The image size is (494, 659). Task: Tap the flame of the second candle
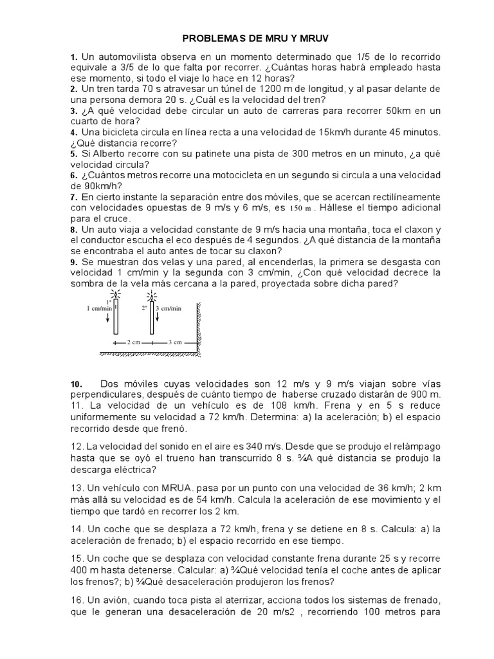point(152,295)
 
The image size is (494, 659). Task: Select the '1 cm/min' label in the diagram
point(99,308)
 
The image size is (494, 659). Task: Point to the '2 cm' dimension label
point(133,342)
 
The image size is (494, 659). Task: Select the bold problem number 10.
point(77,384)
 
